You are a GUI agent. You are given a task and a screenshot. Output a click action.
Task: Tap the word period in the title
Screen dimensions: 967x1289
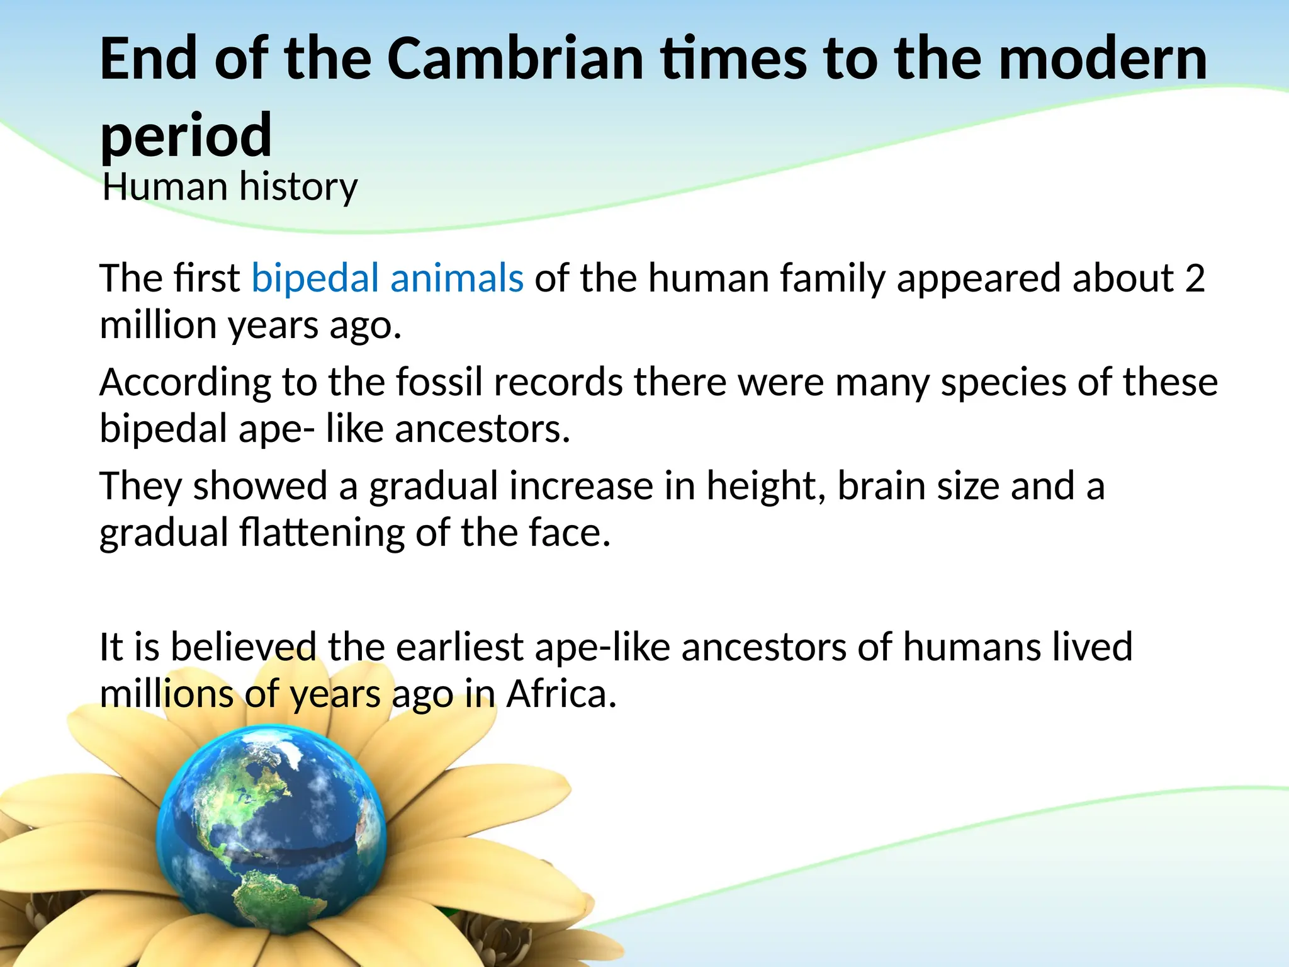pyautogui.click(x=186, y=135)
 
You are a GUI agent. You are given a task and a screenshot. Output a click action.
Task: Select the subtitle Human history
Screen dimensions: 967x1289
pyautogui.click(x=230, y=187)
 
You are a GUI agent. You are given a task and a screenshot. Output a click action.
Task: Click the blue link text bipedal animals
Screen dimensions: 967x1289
pyautogui.click(x=387, y=278)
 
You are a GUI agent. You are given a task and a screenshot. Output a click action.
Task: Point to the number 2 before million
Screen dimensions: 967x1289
pyautogui.click(x=1194, y=278)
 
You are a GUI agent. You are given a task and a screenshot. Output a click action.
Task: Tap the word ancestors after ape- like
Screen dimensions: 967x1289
pyautogui.click(x=482, y=429)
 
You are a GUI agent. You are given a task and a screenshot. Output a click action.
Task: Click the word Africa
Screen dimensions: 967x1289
pyautogui.click(x=561, y=694)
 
